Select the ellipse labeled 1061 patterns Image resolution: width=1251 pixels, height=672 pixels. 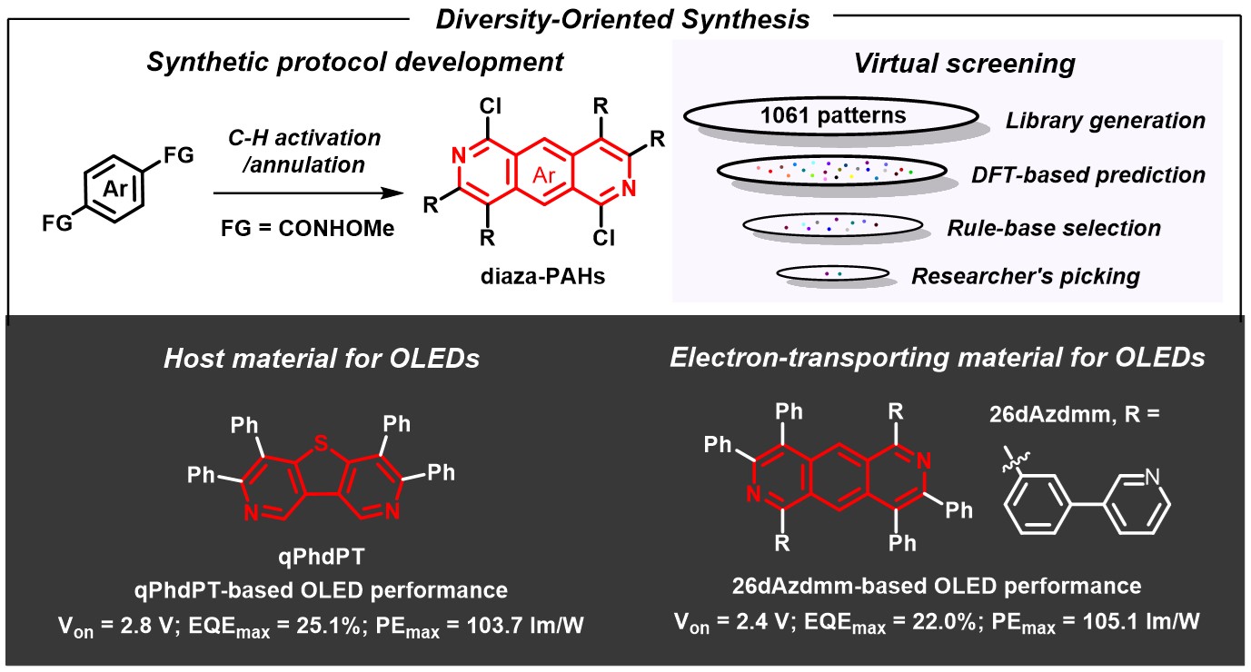(x=830, y=115)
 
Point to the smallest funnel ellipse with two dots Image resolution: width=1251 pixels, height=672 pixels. (x=831, y=272)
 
